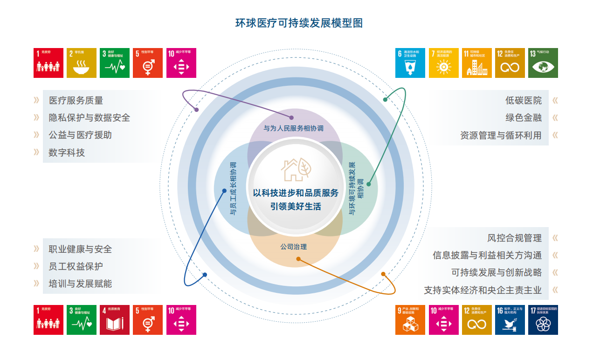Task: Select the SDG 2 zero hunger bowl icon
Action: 82,63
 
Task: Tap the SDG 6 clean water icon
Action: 410,63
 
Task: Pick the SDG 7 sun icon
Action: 443,63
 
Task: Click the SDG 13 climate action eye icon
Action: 543,63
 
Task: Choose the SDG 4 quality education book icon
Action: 115,320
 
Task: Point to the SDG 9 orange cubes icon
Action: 410,320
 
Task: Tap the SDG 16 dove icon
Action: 510,320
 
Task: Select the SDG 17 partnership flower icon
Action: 543,320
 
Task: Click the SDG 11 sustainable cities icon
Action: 476,63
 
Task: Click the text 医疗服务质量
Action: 76,100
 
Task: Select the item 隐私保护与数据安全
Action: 90,118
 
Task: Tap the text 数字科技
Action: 67,152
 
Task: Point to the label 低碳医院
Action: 524,100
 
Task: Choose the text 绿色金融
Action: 524,118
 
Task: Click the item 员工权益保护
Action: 76,266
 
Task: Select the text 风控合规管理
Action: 514,238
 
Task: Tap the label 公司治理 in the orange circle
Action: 294,247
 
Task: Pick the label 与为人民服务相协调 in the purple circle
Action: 294,128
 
